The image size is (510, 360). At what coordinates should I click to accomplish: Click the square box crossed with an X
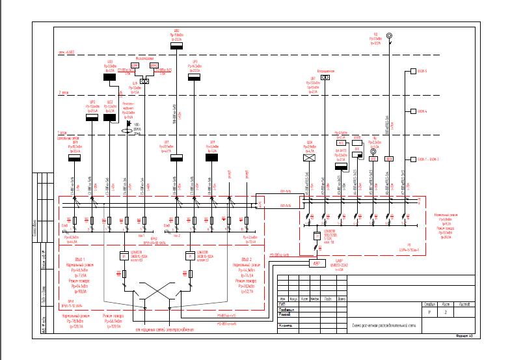click(x=310, y=157)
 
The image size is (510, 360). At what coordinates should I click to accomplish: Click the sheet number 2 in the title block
click(x=446, y=312)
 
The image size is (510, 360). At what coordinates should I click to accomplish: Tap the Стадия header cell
click(x=429, y=304)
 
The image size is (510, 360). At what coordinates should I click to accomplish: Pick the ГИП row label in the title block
click(x=282, y=304)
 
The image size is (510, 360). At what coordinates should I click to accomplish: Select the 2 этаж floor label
click(x=64, y=92)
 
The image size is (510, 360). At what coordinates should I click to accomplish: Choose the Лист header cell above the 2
click(x=446, y=304)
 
